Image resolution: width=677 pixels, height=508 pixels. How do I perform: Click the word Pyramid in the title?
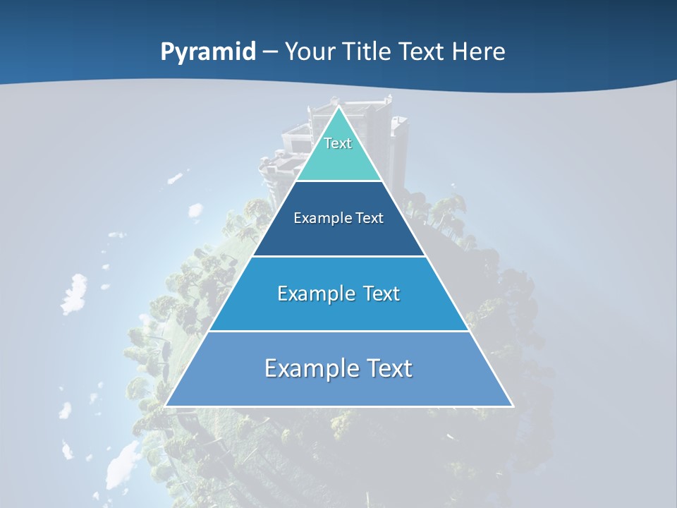(x=207, y=52)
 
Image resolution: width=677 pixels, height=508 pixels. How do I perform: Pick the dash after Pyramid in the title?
(x=270, y=52)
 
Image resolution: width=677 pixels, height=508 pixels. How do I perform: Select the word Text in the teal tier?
(x=338, y=143)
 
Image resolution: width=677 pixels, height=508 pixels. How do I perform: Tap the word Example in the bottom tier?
(x=307, y=368)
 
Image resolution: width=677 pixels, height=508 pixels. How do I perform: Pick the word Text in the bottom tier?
(x=389, y=368)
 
